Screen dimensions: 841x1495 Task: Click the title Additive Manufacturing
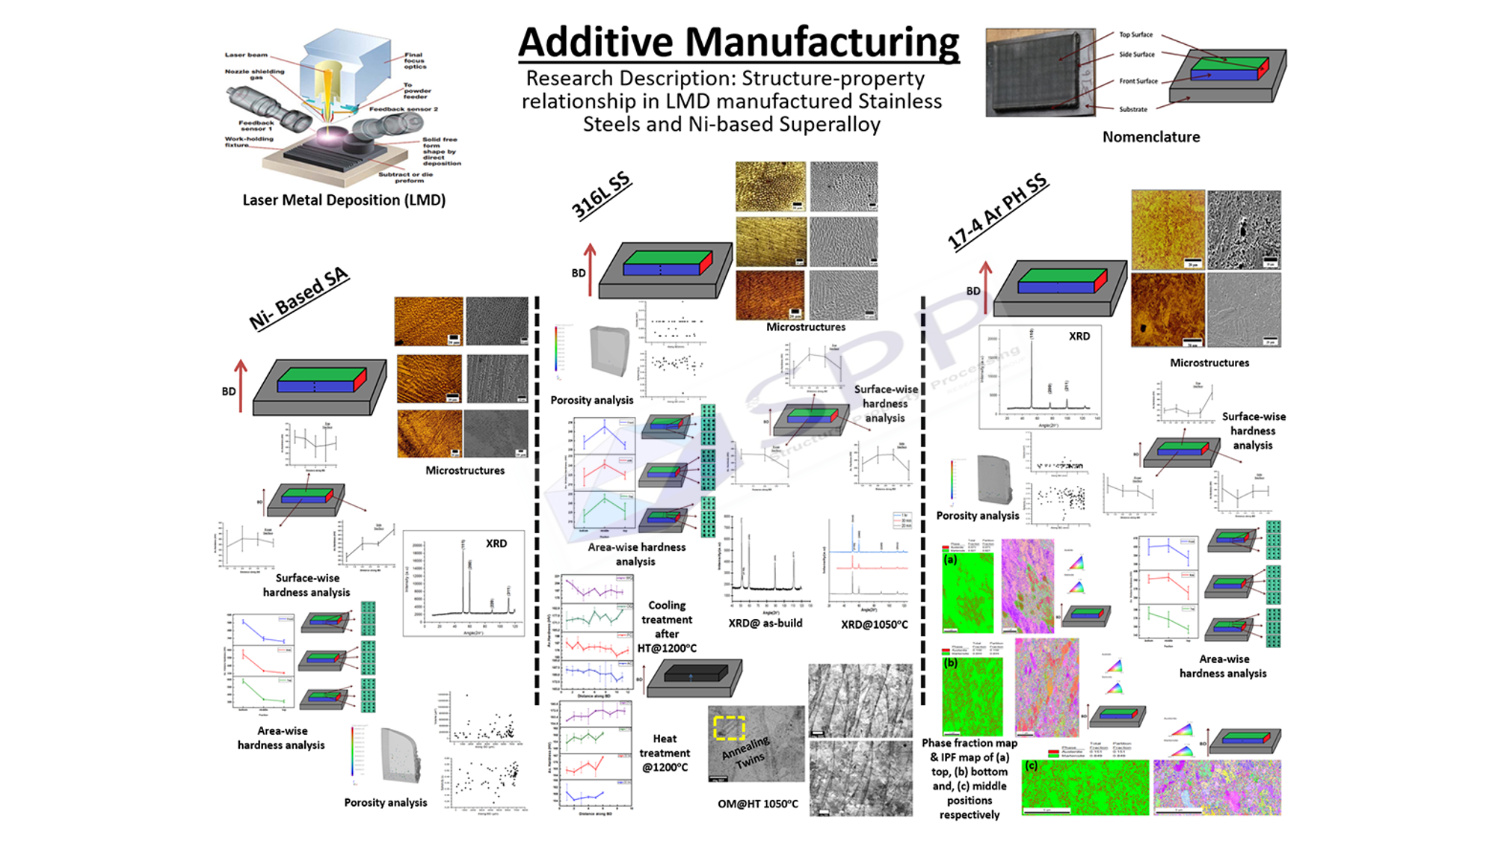[x=739, y=42]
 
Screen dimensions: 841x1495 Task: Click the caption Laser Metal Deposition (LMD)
[x=344, y=200]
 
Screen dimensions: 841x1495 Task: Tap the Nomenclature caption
[x=1151, y=137]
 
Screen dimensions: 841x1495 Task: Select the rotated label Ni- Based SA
[x=299, y=298]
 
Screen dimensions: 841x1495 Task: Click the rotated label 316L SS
[x=601, y=196]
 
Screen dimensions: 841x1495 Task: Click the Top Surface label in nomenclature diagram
[x=1135, y=34]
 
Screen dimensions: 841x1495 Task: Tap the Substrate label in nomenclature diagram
[x=1133, y=109]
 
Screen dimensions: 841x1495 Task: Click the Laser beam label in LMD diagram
[x=246, y=55]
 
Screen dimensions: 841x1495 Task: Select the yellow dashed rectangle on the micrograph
[x=729, y=727]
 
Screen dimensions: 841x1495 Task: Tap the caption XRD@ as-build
[x=765, y=623]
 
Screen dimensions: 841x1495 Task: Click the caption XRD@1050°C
[x=874, y=624]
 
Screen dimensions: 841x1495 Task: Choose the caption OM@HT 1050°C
[x=758, y=804]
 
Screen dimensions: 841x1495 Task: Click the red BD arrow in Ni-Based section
[x=241, y=385]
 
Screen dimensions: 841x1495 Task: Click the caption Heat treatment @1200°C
[x=665, y=753]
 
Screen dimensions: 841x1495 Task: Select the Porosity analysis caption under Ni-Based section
[x=386, y=802]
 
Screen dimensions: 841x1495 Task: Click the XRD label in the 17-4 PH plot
[x=1079, y=336]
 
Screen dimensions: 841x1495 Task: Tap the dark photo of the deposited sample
[x=1040, y=73]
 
